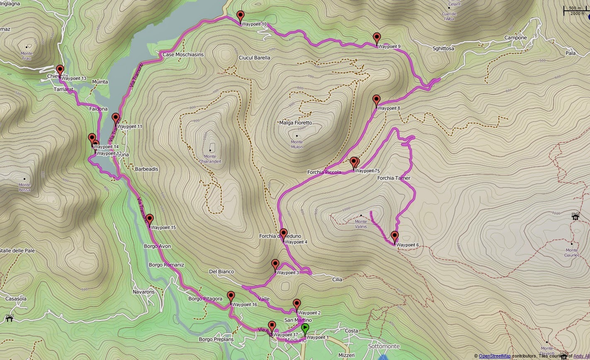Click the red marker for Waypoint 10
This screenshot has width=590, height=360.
click(x=240, y=17)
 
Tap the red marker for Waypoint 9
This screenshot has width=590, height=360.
click(x=376, y=38)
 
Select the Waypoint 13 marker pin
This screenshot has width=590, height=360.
click(x=60, y=70)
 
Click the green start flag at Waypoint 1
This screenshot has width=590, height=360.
click(x=305, y=329)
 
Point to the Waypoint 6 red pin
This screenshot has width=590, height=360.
click(x=394, y=237)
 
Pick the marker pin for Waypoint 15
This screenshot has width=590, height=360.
click(x=150, y=219)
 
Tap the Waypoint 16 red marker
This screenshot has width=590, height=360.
click(x=231, y=297)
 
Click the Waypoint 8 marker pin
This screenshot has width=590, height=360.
click(x=376, y=100)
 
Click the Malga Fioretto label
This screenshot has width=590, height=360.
click(x=296, y=123)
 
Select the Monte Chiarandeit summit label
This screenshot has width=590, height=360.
click(x=210, y=159)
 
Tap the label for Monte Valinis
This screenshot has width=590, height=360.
click(x=361, y=224)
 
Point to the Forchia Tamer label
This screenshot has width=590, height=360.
click(x=393, y=178)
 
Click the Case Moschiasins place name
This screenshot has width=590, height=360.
click(x=183, y=55)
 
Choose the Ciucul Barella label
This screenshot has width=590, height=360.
click(x=254, y=58)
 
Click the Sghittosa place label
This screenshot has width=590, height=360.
click(x=443, y=49)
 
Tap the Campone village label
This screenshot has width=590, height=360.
click(x=515, y=38)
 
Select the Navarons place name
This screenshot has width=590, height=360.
click(x=143, y=292)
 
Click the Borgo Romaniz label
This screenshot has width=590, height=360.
click(x=166, y=265)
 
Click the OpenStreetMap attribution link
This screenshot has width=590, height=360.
click(x=495, y=356)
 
